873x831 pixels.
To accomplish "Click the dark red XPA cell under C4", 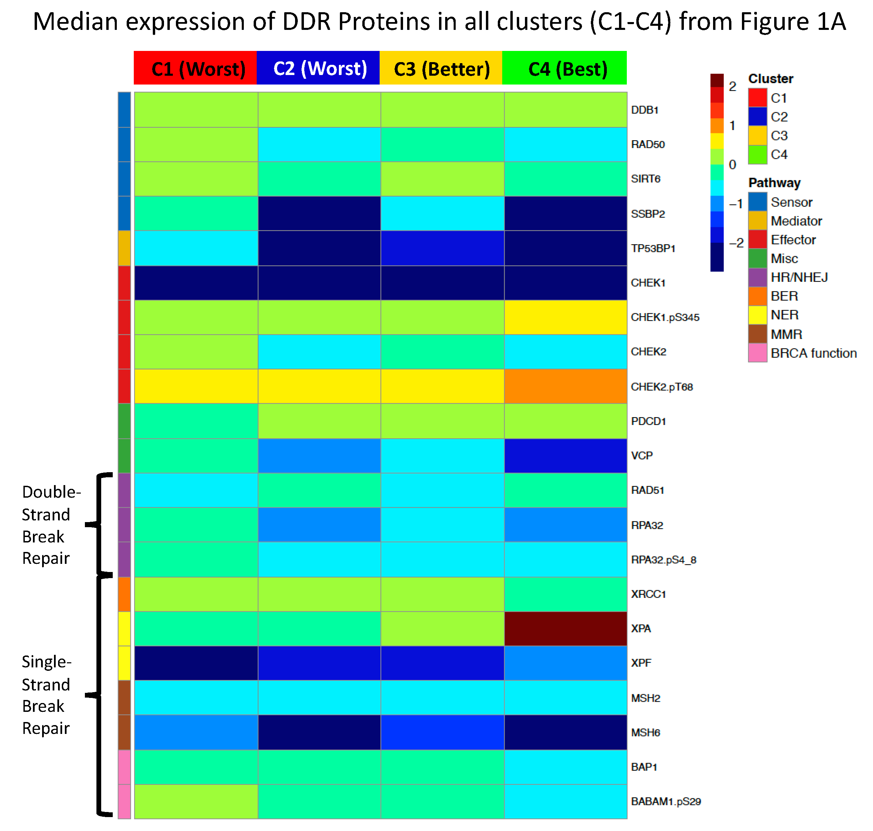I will click(565, 629).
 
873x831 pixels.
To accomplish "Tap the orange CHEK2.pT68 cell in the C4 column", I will click(565, 386).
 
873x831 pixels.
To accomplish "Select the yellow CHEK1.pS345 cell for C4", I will click(565, 317).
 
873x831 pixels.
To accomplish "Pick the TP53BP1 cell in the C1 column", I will click(196, 248).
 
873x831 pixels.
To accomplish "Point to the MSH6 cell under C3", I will click(442, 732).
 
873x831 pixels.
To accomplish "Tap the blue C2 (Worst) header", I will click(318, 68).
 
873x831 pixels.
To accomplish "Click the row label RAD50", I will click(648, 144).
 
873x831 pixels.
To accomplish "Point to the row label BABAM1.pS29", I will click(666, 801).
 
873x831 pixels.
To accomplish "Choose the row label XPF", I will click(641, 663).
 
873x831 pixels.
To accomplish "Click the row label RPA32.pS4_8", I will click(663, 560).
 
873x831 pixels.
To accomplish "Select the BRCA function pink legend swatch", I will click(757, 353).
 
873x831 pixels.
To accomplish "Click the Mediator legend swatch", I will click(757, 221).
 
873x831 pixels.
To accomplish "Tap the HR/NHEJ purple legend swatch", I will click(757, 277).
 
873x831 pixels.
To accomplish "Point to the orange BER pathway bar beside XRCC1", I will click(124, 594).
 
